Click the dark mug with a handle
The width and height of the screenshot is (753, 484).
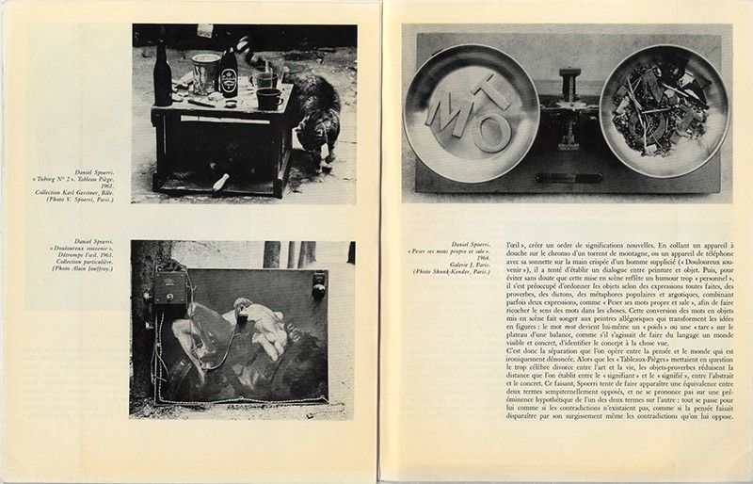(x=270, y=98)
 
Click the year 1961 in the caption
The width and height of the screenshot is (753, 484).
(x=111, y=186)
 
